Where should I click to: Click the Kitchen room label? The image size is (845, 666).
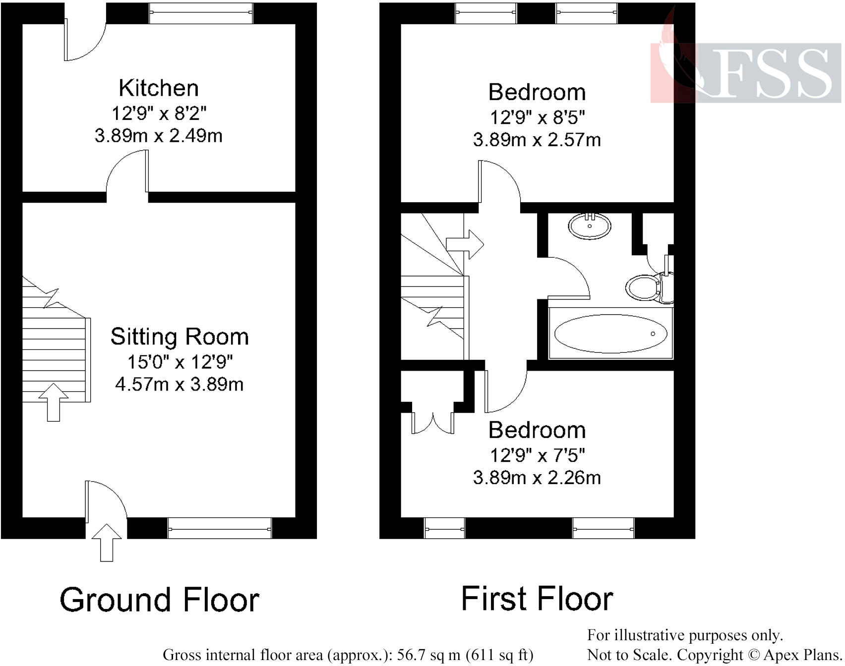click(159, 88)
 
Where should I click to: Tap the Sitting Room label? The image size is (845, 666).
click(180, 337)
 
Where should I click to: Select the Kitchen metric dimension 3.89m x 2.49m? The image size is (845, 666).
click(159, 136)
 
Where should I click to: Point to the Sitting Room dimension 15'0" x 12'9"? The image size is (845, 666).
click(180, 362)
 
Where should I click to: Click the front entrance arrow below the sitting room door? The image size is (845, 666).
click(107, 542)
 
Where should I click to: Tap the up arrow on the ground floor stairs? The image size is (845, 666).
click(54, 401)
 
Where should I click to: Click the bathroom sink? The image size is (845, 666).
click(589, 226)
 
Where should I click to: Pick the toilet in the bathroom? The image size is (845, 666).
click(645, 287)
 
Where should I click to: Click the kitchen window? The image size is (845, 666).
click(201, 13)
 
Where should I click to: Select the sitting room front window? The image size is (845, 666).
click(219, 528)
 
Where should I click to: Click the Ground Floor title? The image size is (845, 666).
click(160, 600)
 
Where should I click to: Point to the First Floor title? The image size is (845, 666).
click(537, 599)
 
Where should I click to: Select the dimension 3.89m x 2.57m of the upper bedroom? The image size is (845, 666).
click(537, 140)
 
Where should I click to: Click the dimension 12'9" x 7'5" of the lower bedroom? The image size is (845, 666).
click(537, 454)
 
